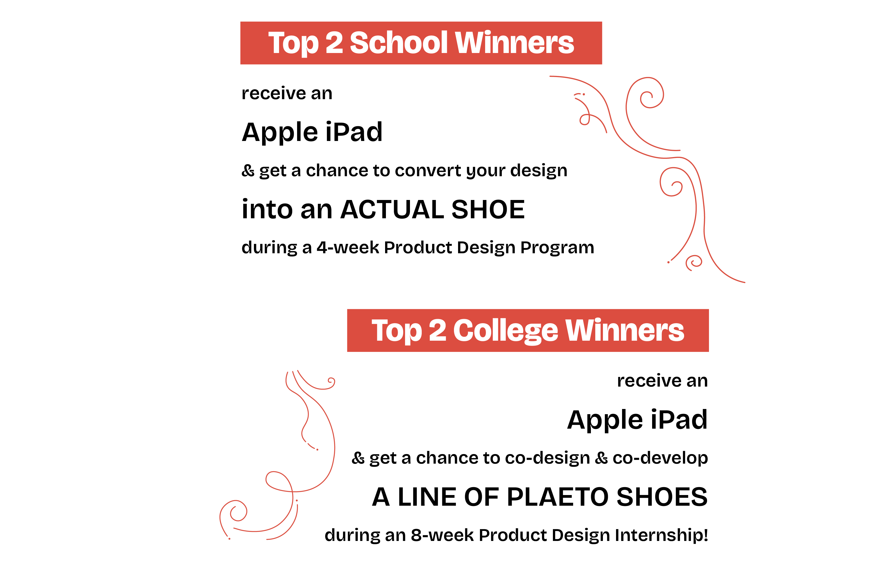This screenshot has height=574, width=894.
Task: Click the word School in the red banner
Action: tap(398, 43)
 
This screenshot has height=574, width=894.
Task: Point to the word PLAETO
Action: tap(557, 497)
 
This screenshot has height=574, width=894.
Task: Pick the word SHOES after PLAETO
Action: tap(662, 497)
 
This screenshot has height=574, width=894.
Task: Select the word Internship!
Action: tap(661, 535)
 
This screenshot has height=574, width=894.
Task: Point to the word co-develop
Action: tap(660, 458)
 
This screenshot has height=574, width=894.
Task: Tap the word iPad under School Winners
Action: tap(354, 132)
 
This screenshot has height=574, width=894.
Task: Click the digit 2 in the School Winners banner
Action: tap(334, 43)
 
